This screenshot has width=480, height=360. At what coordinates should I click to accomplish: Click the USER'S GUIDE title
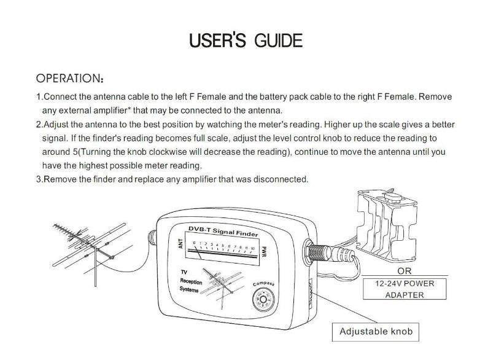tap(246, 41)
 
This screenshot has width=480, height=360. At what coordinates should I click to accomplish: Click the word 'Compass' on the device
tap(263, 283)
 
